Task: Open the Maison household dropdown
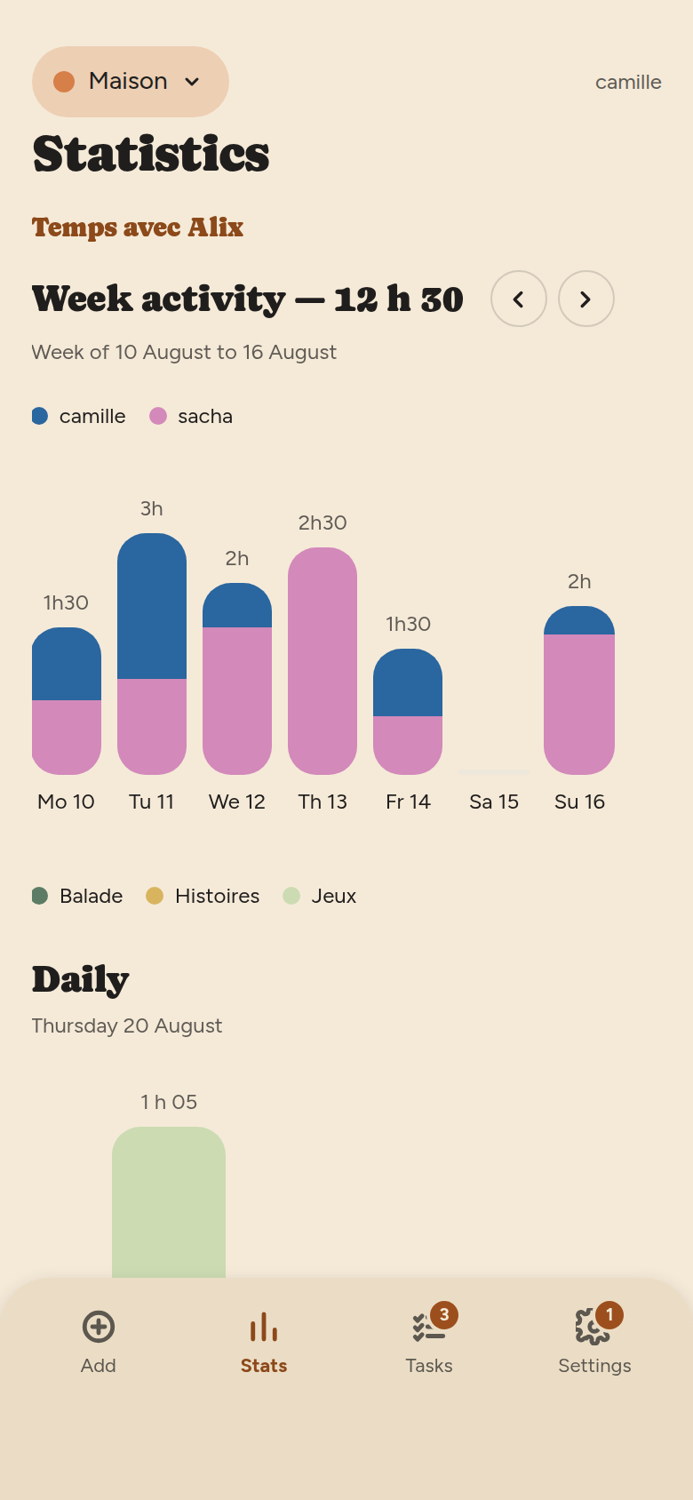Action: click(x=131, y=82)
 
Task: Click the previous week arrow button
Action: click(x=519, y=299)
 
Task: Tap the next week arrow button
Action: click(x=586, y=299)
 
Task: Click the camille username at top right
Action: click(x=628, y=83)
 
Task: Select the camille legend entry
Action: click(x=79, y=416)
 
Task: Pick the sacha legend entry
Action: click(x=191, y=416)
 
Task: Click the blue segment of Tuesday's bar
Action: click(x=152, y=606)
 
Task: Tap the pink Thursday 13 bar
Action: click(x=323, y=661)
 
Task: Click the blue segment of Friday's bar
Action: click(x=408, y=682)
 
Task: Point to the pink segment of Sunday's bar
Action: click(x=579, y=705)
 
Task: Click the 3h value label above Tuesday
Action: click(x=151, y=509)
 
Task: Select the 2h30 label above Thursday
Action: click(x=323, y=523)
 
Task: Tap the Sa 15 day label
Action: click(x=494, y=802)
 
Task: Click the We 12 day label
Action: click(x=237, y=802)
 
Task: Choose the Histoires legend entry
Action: click(x=203, y=896)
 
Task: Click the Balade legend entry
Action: click(x=77, y=896)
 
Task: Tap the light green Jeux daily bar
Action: click(x=169, y=1202)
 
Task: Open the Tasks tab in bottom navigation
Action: click(x=429, y=1339)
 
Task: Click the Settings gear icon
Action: click(x=593, y=1327)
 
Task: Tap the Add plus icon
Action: click(x=99, y=1327)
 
